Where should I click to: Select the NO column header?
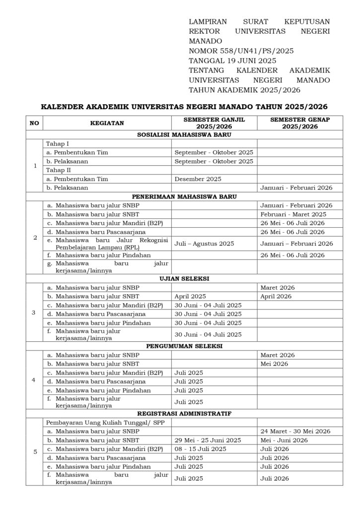point(34,123)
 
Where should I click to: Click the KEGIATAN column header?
point(107,123)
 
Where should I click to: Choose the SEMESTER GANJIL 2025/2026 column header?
point(214,123)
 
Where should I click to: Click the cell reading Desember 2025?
point(198,179)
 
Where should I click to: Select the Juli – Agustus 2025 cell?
point(204,244)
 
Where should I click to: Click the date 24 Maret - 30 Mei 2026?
point(295,431)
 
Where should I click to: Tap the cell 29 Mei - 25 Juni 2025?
point(208,440)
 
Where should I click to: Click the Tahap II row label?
point(59,170)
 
